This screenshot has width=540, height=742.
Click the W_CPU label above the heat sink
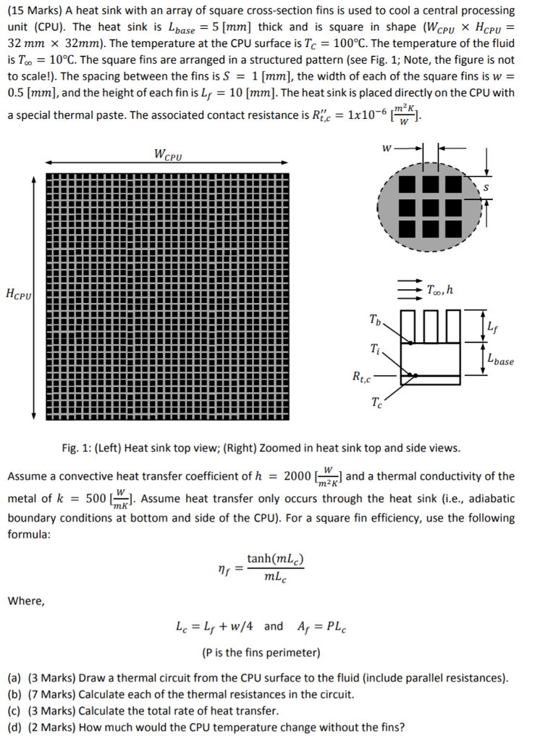tap(168, 154)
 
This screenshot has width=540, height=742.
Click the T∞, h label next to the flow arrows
tap(441, 290)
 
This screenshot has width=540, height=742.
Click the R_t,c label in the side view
tap(361, 376)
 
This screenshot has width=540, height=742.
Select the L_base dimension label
tap(501, 359)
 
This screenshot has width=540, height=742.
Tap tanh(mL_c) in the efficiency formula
tap(275, 559)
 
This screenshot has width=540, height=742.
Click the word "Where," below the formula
tap(26, 600)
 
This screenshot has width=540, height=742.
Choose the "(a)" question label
tap(14, 678)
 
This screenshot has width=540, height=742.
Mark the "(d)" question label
tap(14, 727)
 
